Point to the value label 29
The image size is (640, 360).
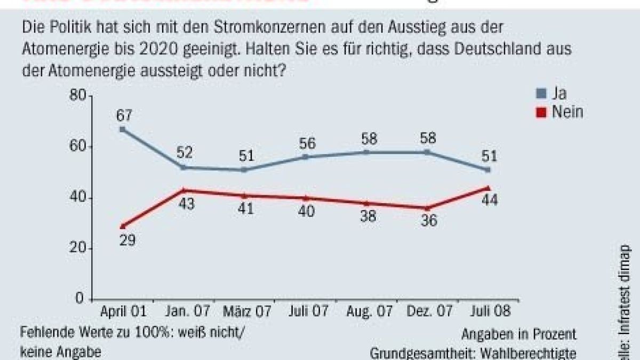click(x=127, y=240)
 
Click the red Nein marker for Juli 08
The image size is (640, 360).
click(x=487, y=188)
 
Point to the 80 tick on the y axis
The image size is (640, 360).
click(x=78, y=96)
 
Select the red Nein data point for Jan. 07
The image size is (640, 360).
click(x=183, y=190)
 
